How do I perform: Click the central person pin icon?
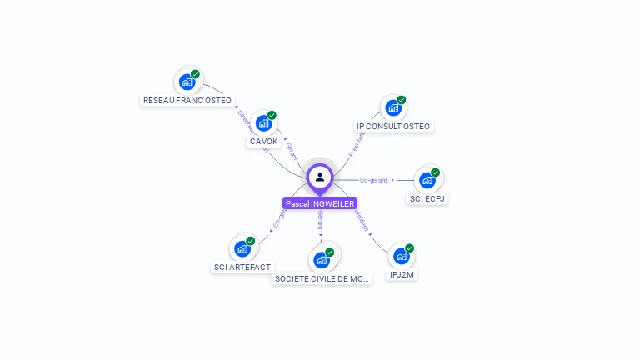tap(320, 177)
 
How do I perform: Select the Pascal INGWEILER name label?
tap(320, 203)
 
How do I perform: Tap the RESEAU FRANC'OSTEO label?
tap(187, 100)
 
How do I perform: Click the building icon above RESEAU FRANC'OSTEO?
tap(187, 82)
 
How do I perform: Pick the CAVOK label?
tap(263, 141)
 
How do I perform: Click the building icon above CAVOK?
tap(264, 123)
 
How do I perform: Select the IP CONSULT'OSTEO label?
tap(393, 127)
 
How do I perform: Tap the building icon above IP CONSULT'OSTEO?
tap(393, 108)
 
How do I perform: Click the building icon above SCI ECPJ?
tap(427, 180)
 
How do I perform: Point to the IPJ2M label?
tap(402, 274)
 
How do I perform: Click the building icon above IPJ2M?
tap(402, 256)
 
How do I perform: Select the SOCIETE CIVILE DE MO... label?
tap(322, 278)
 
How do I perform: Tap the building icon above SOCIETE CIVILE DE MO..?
tap(322, 260)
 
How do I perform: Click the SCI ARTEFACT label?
tap(242, 267)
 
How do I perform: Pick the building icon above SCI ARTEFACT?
tap(242, 248)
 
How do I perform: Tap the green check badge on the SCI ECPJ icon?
tap(435, 172)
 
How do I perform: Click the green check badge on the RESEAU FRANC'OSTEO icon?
tap(195, 74)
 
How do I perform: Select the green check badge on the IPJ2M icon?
tap(409, 248)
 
